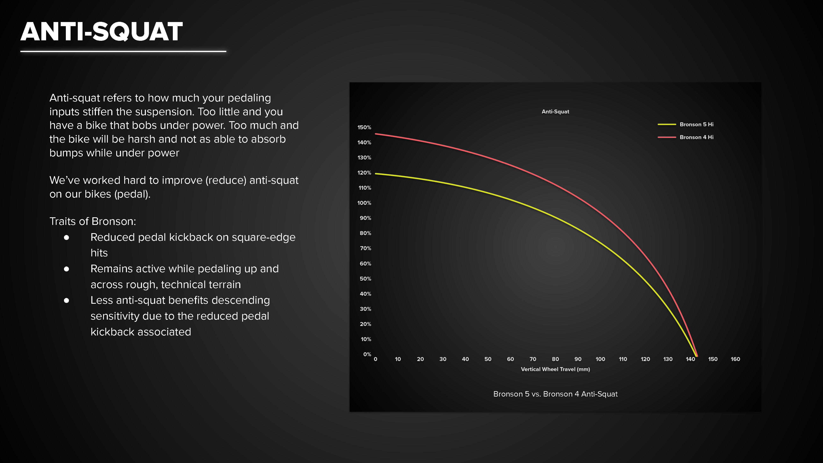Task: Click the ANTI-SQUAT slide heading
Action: coord(102,32)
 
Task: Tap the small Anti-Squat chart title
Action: coord(555,112)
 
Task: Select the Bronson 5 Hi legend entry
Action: coord(686,124)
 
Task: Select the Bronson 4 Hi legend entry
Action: coord(686,137)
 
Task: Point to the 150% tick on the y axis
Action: coord(364,127)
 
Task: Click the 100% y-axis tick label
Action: coord(364,203)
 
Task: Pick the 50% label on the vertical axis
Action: coord(365,279)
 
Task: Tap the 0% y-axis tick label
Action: coord(367,354)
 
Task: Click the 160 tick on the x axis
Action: coord(735,359)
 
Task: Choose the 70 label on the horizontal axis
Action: coord(533,359)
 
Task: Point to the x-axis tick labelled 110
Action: coord(623,359)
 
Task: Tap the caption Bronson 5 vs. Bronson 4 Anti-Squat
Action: coord(555,394)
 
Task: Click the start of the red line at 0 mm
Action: coord(376,134)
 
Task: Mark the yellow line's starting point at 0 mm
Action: coord(376,173)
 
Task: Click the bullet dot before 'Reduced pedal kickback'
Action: coord(66,237)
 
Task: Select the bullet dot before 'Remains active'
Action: coord(66,269)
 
